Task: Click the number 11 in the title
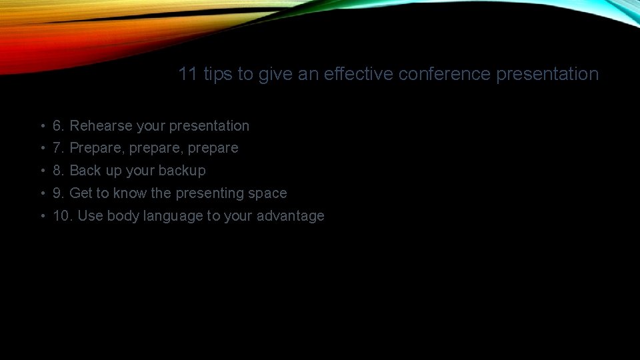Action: [x=188, y=74]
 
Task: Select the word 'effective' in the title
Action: [x=359, y=74]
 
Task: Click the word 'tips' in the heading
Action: [x=218, y=74]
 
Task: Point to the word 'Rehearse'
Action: [x=101, y=125]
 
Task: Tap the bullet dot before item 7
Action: [x=41, y=148]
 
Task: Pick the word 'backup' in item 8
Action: [x=182, y=170]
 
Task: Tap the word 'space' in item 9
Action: [x=268, y=193]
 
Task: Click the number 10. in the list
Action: [x=62, y=215]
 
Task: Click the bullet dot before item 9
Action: [x=41, y=193]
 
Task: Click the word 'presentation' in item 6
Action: [x=209, y=125]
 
